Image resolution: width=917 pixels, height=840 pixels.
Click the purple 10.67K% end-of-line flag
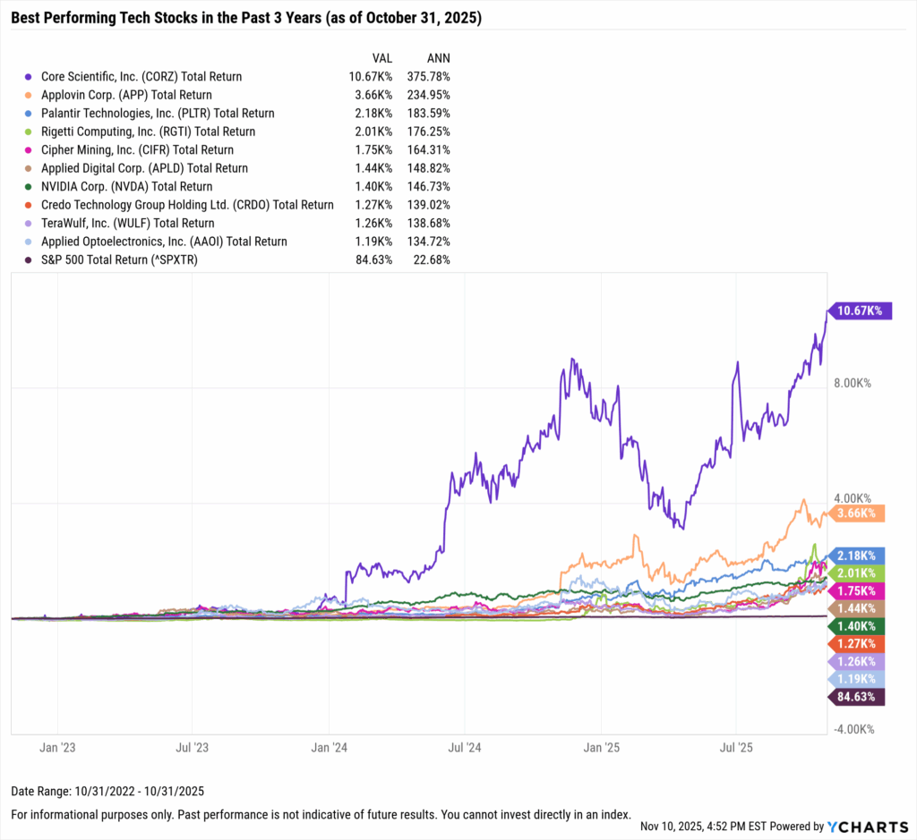[859, 310]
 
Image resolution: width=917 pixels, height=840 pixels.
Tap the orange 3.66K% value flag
[859, 513]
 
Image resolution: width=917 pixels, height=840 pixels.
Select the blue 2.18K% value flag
[859, 556]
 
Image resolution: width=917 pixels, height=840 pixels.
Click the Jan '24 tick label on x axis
[329, 746]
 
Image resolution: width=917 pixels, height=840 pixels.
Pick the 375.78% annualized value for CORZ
[426, 77]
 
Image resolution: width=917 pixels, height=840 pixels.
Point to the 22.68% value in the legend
[430, 259]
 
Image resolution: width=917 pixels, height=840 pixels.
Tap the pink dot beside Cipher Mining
[31, 150]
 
